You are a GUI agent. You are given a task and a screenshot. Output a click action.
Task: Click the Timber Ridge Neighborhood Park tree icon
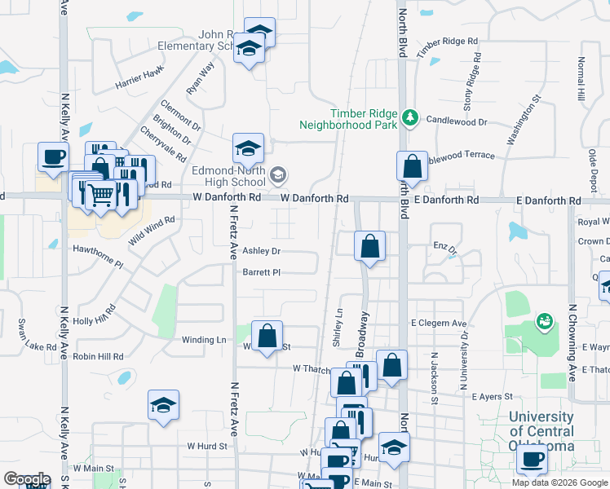pyautogui.click(x=410, y=119)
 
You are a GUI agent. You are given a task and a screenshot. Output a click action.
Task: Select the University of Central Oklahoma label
pyautogui.click(x=541, y=431)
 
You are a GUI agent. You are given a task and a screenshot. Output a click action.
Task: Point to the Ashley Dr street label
pyautogui.click(x=261, y=252)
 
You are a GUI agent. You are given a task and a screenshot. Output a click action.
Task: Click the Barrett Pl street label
pyautogui.click(x=261, y=273)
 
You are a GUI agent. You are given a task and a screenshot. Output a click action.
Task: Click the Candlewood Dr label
pyautogui.click(x=456, y=121)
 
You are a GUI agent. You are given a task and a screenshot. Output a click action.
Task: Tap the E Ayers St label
pyautogui.click(x=492, y=397)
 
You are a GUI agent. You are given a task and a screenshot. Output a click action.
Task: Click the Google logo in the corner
pyautogui.click(x=26, y=479)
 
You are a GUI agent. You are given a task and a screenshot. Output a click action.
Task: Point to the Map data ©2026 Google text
pyautogui.click(x=559, y=482)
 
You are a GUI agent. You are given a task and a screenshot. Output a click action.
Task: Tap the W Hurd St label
pyautogui.click(x=206, y=446)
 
